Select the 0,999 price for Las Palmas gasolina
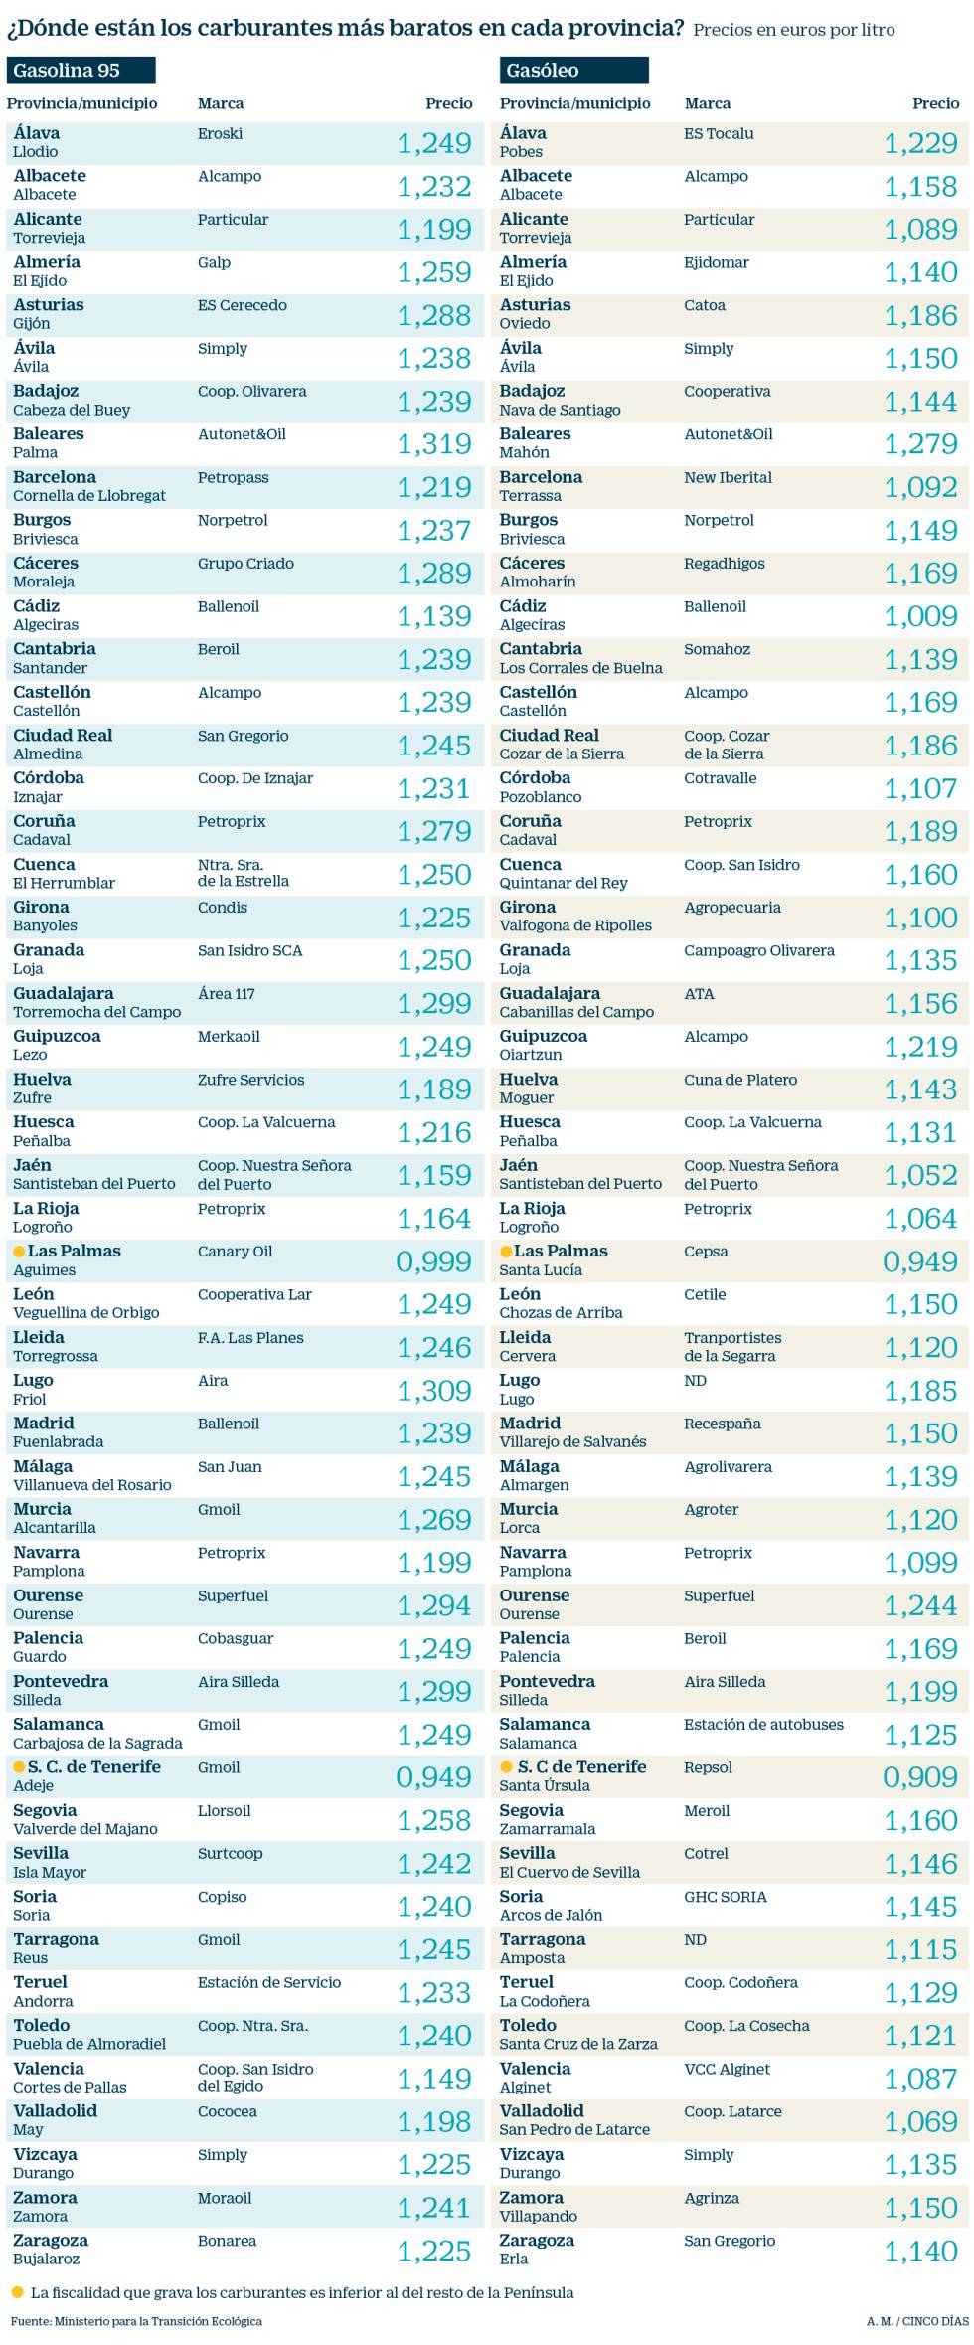tap(434, 1261)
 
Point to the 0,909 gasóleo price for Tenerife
tap(920, 1777)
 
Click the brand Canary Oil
tap(235, 1252)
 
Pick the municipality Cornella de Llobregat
tap(89, 496)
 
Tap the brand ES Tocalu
tap(719, 133)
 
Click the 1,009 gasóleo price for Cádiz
tap(920, 616)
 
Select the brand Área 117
tap(227, 993)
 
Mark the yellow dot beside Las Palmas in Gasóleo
tap(506, 1252)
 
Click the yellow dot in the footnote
tap(17, 2292)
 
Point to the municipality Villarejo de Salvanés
tap(572, 1441)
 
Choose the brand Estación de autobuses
tap(763, 1725)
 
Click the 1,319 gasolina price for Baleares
tap(434, 444)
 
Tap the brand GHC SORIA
tap(725, 1897)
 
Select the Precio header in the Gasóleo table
tap(935, 103)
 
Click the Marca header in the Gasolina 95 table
tap(221, 103)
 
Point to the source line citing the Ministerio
tap(137, 2321)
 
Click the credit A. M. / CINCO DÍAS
tap(916, 2321)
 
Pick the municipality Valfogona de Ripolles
tap(575, 925)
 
